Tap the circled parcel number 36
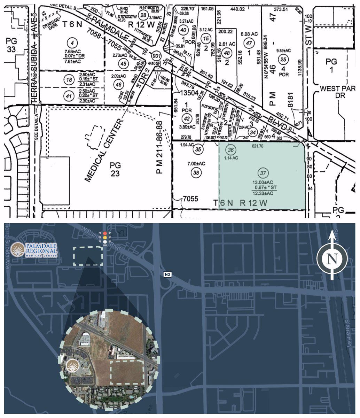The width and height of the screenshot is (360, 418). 230,150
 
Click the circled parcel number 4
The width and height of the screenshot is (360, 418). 72,44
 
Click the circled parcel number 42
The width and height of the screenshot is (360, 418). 187,118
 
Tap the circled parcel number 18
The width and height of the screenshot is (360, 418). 69,80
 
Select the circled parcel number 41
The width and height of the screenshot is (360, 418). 69,95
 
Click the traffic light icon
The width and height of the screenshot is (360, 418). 105,237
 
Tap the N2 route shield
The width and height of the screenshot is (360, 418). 167,274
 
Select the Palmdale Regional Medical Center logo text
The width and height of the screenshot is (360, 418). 41,250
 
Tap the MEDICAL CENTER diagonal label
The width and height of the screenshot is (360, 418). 105,150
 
